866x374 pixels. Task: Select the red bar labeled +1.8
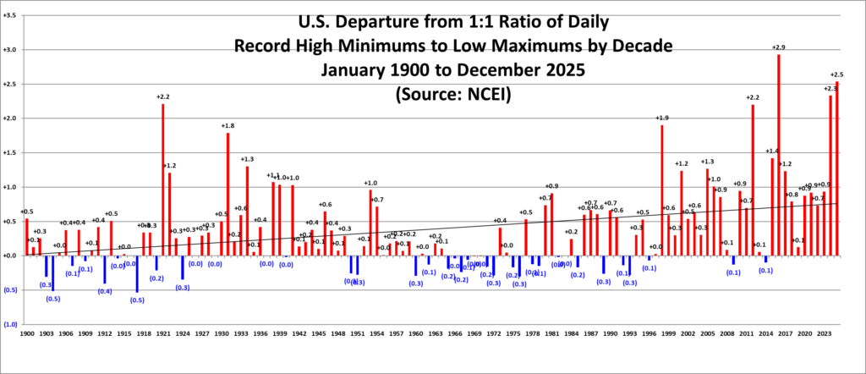pyautogui.click(x=227, y=194)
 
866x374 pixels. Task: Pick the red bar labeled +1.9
pyautogui.click(x=661, y=190)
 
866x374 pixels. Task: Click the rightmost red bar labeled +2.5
pyautogui.click(x=836, y=168)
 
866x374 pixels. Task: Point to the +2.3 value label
pyautogui.click(x=830, y=89)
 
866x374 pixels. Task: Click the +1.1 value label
pyautogui.click(x=273, y=176)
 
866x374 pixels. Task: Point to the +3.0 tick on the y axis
pyautogui.click(x=10, y=50)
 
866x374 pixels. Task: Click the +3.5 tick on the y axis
pyautogui.click(x=10, y=15)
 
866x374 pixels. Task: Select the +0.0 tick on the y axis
pyautogui.click(x=10, y=256)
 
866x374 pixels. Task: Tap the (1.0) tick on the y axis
pyautogui.click(x=9, y=324)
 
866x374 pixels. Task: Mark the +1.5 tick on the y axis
pyautogui.click(x=10, y=152)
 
